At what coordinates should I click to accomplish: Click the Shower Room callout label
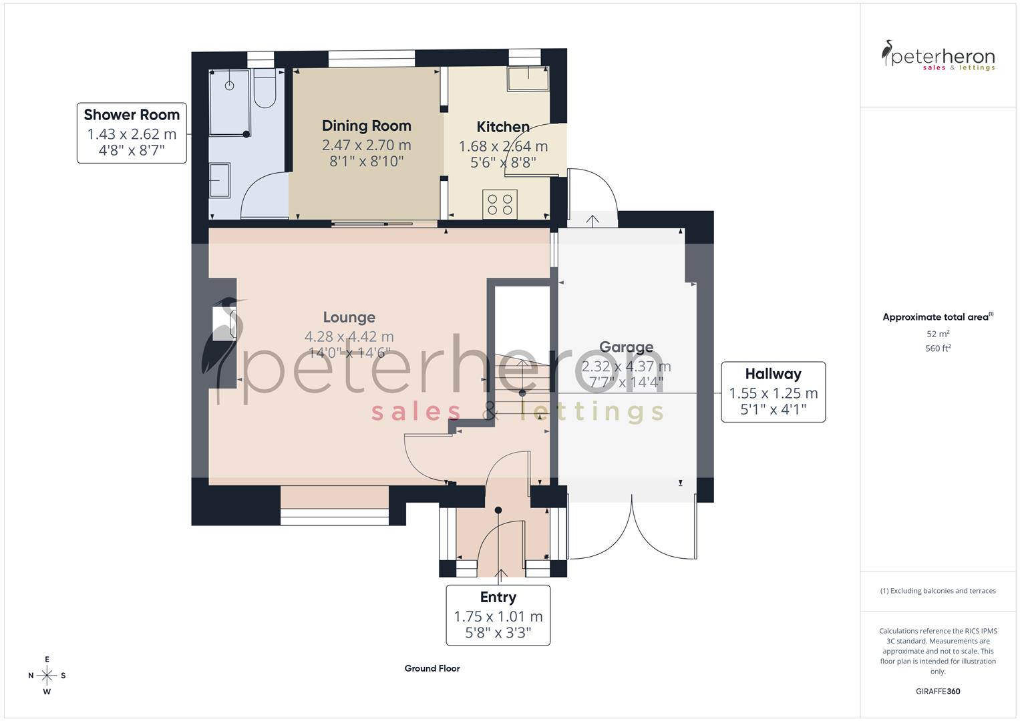click(x=132, y=115)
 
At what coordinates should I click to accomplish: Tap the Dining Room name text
click(x=366, y=126)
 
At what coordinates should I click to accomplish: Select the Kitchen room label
click(x=502, y=127)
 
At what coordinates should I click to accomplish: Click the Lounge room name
click(x=349, y=317)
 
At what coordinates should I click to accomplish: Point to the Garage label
click(x=626, y=347)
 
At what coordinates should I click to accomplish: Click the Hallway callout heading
click(x=773, y=374)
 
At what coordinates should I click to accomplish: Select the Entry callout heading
click(x=498, y=597)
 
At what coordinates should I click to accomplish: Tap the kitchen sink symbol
click(x=528, y=79)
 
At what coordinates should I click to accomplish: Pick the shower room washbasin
click(x=219, y=180)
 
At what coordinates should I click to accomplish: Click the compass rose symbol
click(x=47, y=676)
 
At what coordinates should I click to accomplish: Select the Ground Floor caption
click(x=432, y=668)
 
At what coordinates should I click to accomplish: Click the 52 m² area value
click(x=938, y=334)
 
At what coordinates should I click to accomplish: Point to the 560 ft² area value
click(x=938, y=348)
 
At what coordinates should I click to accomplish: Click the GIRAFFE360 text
click(x=938, y=692)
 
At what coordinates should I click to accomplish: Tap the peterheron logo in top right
click(x=938, y=56)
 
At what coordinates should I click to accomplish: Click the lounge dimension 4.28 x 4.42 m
click(x=349, y=336)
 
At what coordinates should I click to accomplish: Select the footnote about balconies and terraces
click(x=938, y=591)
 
